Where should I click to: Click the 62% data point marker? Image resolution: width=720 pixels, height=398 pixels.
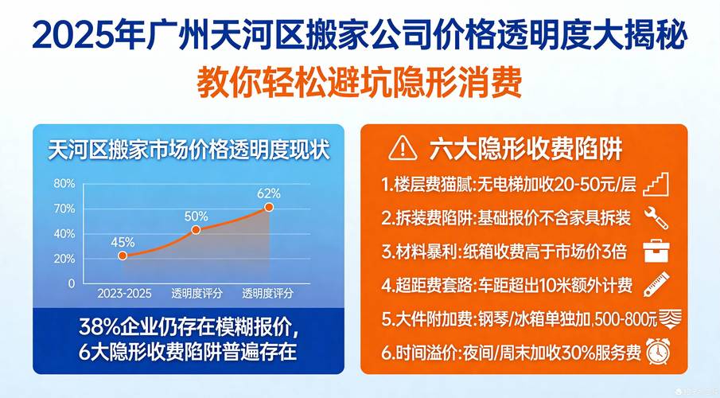(269, 207)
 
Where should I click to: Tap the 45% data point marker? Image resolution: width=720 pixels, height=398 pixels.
(123, 256)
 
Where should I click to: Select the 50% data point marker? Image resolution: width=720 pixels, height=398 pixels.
(196, 230)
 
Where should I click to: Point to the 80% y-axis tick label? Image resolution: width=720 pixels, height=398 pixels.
(64, 183)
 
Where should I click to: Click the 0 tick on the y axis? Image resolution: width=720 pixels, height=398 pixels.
(71, 283)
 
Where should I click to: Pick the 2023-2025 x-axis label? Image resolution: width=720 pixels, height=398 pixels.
(124, 293)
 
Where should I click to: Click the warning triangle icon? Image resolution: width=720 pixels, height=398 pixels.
(403, 149)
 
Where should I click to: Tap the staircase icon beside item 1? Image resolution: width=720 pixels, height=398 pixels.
(656, 185)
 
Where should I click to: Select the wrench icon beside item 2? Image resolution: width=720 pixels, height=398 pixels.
(656, 218)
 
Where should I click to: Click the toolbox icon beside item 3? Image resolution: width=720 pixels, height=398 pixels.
(656, 251)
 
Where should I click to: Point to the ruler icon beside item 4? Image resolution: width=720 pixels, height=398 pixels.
(656, 284)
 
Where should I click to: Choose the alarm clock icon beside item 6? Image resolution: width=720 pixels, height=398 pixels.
(658, 352)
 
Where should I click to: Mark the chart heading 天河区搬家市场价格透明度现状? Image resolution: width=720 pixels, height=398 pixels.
(189, 150)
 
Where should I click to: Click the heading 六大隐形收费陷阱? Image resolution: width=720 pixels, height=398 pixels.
(526, 149)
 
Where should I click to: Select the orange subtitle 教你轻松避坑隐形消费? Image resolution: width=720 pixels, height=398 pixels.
(360, 83)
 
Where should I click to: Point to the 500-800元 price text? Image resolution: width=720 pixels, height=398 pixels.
(626, 319)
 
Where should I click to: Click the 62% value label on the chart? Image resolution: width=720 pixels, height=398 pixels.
(269, 193)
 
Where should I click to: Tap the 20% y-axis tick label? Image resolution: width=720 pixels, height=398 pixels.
(64, 259)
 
